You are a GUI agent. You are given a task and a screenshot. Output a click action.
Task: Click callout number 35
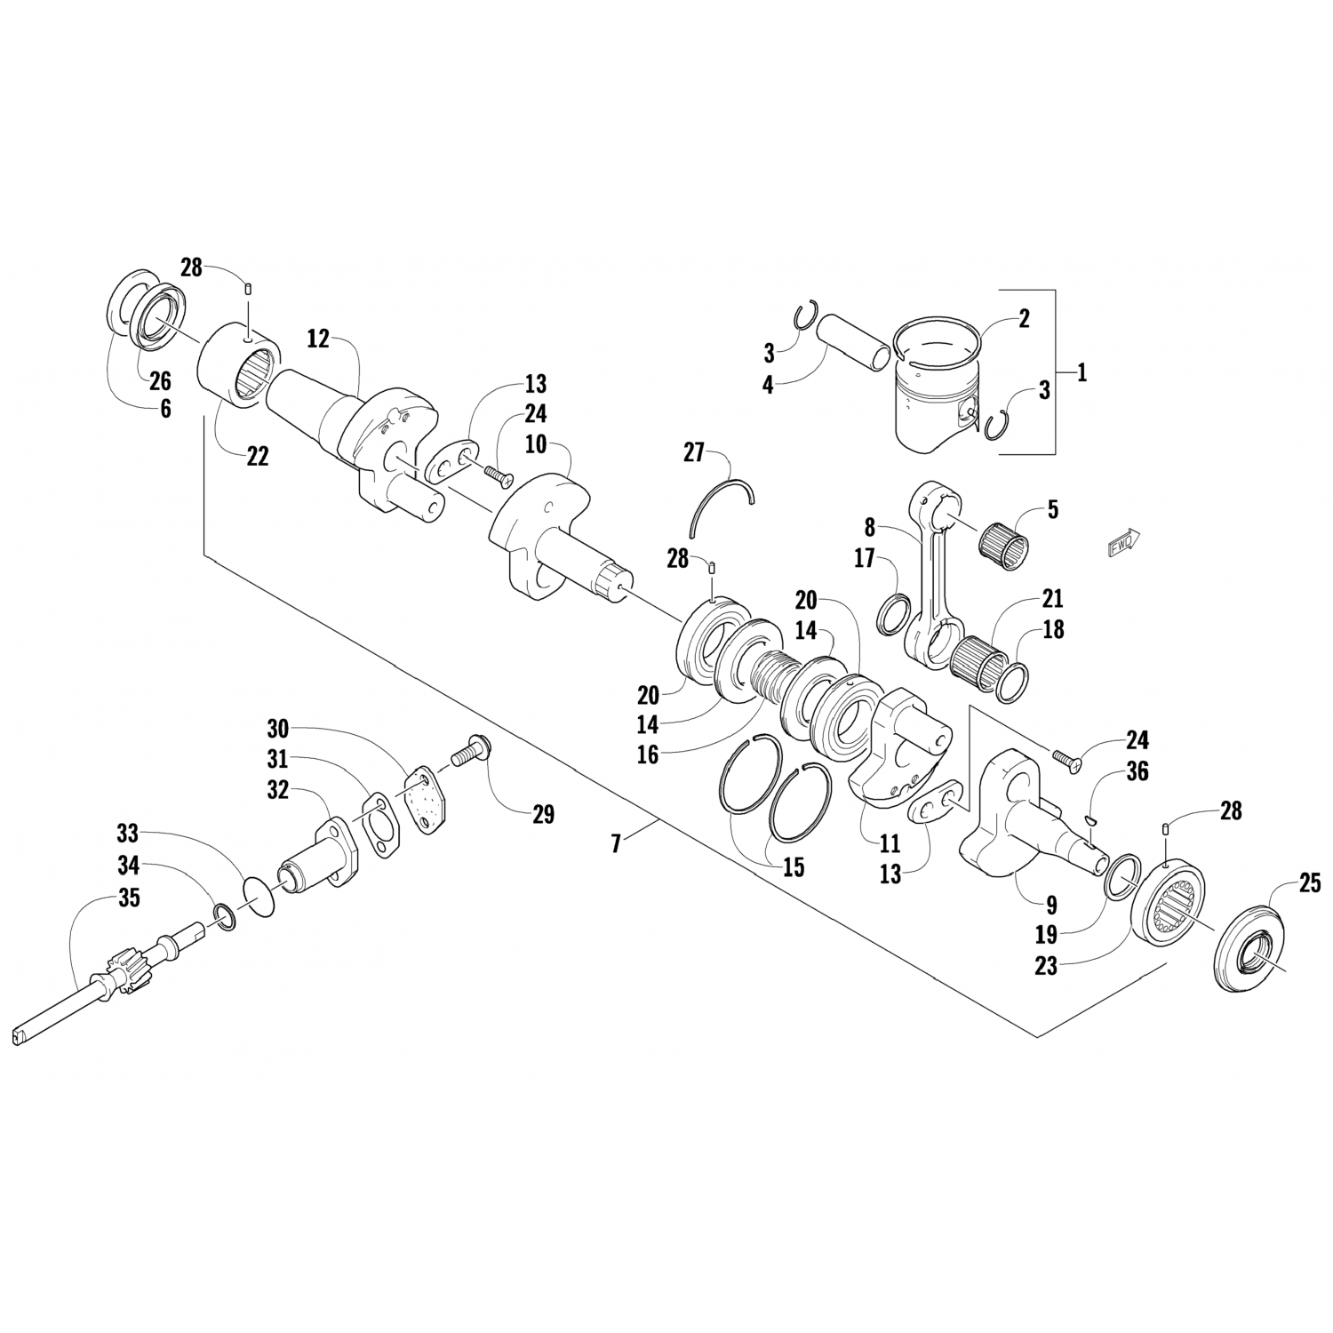click(129, 898)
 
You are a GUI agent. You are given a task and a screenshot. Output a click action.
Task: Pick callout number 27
click(693, 453)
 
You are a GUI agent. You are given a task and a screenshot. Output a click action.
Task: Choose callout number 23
click(1046, 964)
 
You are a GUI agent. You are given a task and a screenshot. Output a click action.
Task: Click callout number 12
click(318, 339)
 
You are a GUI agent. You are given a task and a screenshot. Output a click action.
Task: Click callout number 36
click(1137, 771)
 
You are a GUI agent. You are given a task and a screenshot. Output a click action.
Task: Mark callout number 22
click(258, 456)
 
